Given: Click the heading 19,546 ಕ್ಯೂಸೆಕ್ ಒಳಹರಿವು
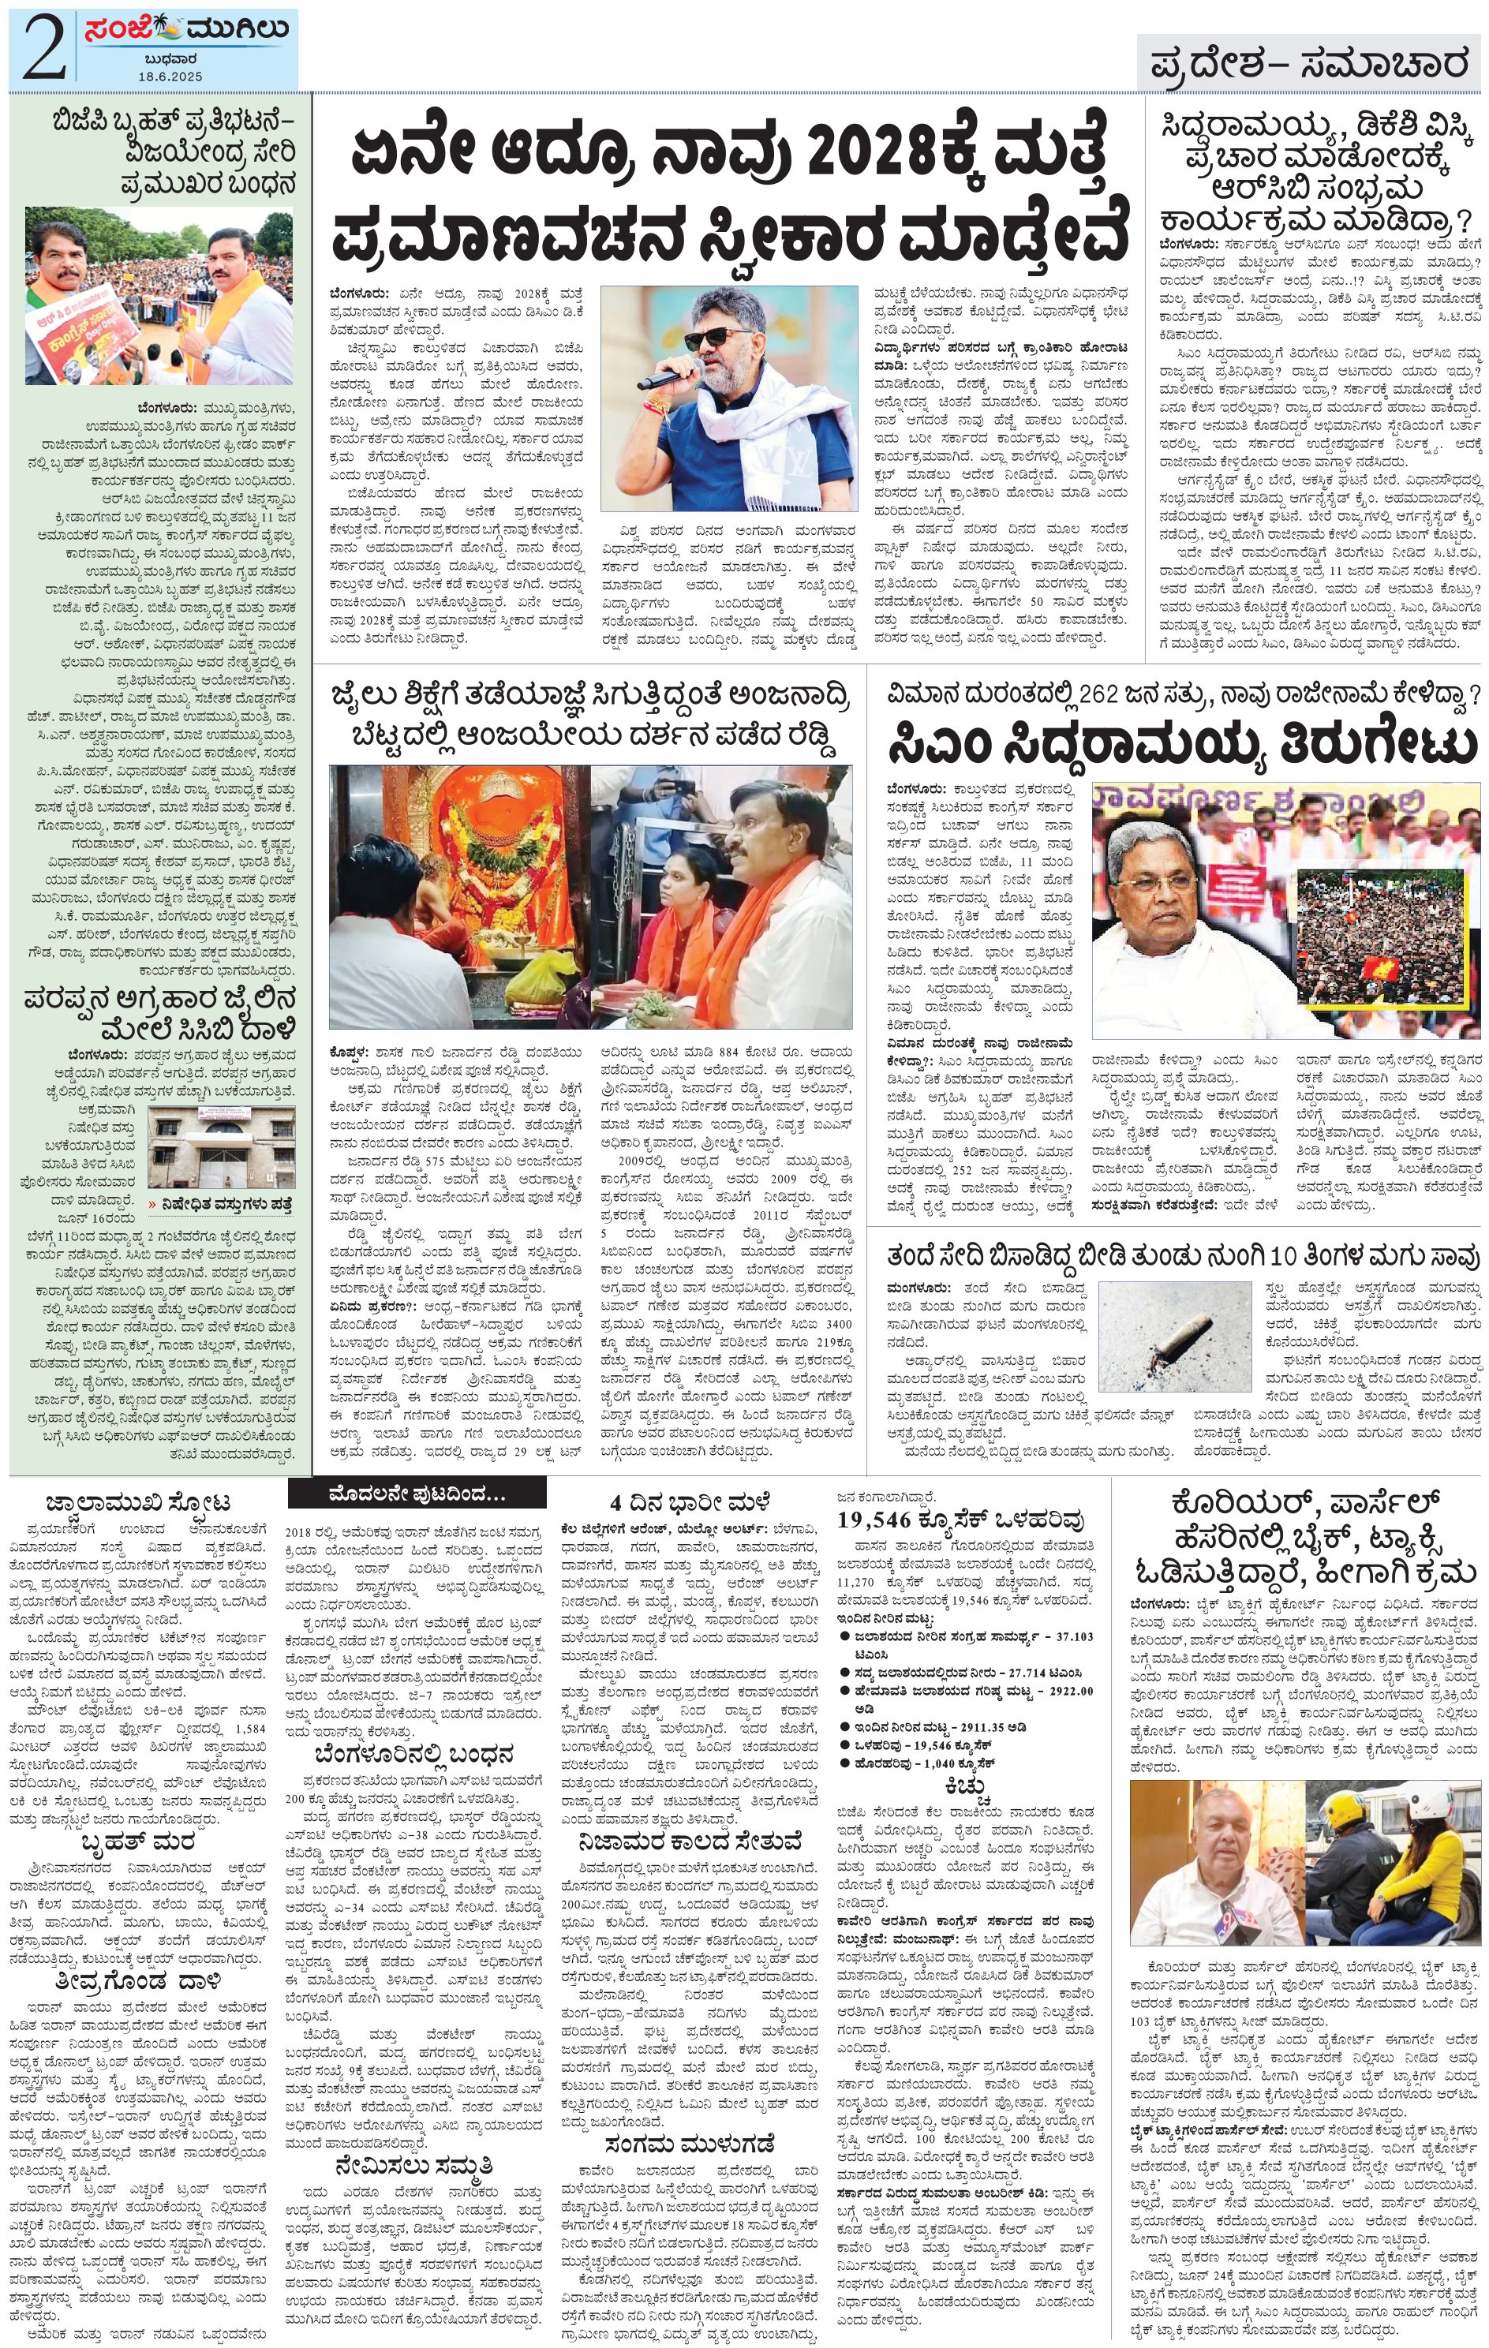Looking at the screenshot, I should pos(959,1520).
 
